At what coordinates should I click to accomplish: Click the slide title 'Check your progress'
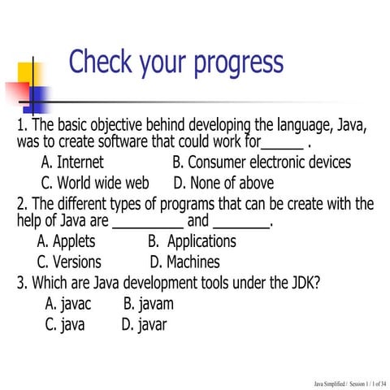click(176, 63)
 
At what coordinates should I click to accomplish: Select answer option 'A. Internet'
click(72, 162)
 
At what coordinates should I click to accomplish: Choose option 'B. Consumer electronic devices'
click(262, 162)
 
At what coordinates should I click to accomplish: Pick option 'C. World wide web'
click(95, 183)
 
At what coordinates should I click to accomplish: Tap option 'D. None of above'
click(223, 183)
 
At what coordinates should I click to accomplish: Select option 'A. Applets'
click(67, 241)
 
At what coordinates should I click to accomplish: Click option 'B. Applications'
click(192, 241)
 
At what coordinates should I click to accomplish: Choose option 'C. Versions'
click(70, 262)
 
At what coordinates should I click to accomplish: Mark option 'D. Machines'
click(185, 262)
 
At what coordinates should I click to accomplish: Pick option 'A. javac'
click(69, 304)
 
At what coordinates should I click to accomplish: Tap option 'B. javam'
click(149, 304)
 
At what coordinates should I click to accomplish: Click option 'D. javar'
click(145, 325)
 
